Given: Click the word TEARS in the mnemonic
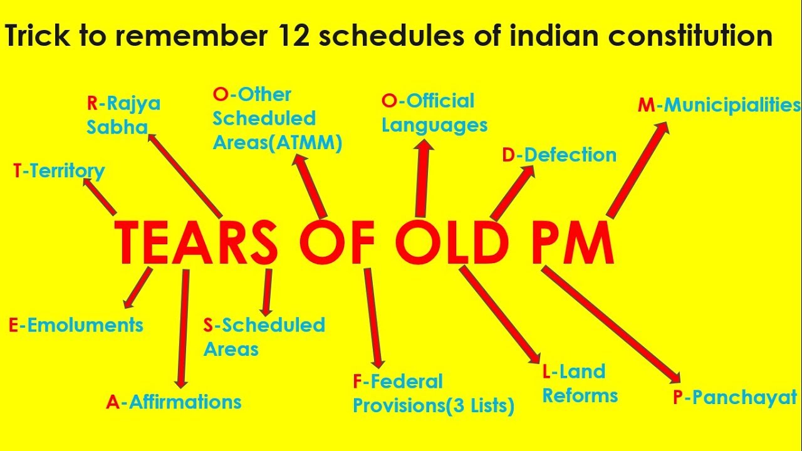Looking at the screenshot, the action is tap(196, 242).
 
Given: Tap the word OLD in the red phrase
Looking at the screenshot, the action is tap(452, 242).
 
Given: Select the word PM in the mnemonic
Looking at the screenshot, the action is tap(573, 242).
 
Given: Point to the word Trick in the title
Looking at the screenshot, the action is tap(37, 35).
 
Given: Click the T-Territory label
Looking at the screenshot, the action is tap(59, 171).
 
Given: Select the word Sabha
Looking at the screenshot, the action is tap(117, 127).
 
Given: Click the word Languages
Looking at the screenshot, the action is tap(435, 126).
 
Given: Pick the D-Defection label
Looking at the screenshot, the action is tap(560, 155).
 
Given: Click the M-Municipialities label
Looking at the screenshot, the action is tap(719, 106).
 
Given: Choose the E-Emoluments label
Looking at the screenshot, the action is tap(76, 325).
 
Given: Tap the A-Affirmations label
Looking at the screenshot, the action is tap(174, 402).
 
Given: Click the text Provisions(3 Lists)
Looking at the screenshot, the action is tap(434, 406).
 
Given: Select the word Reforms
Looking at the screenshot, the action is tap(580, 396).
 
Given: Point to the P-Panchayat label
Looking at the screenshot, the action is tap(735, 398).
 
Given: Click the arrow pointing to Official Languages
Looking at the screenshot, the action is tap(422, 178).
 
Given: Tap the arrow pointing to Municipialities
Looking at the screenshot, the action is tap(637, 170).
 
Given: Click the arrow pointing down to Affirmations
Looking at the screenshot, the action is tap(184, 329).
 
